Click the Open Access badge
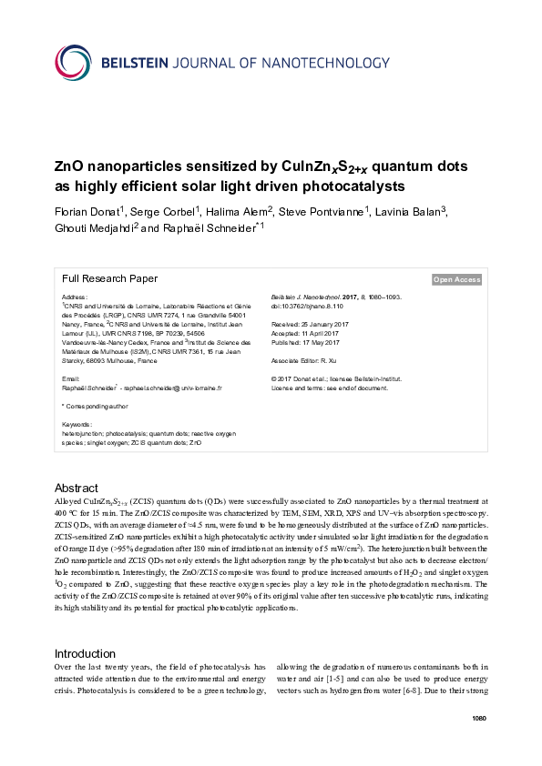click(x=456, y=280)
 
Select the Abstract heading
click(x=77, y=489)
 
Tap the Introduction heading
click(x=85, y=653)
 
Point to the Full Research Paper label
click(x=109, y=279)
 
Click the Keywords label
click(x=77, y=425)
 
